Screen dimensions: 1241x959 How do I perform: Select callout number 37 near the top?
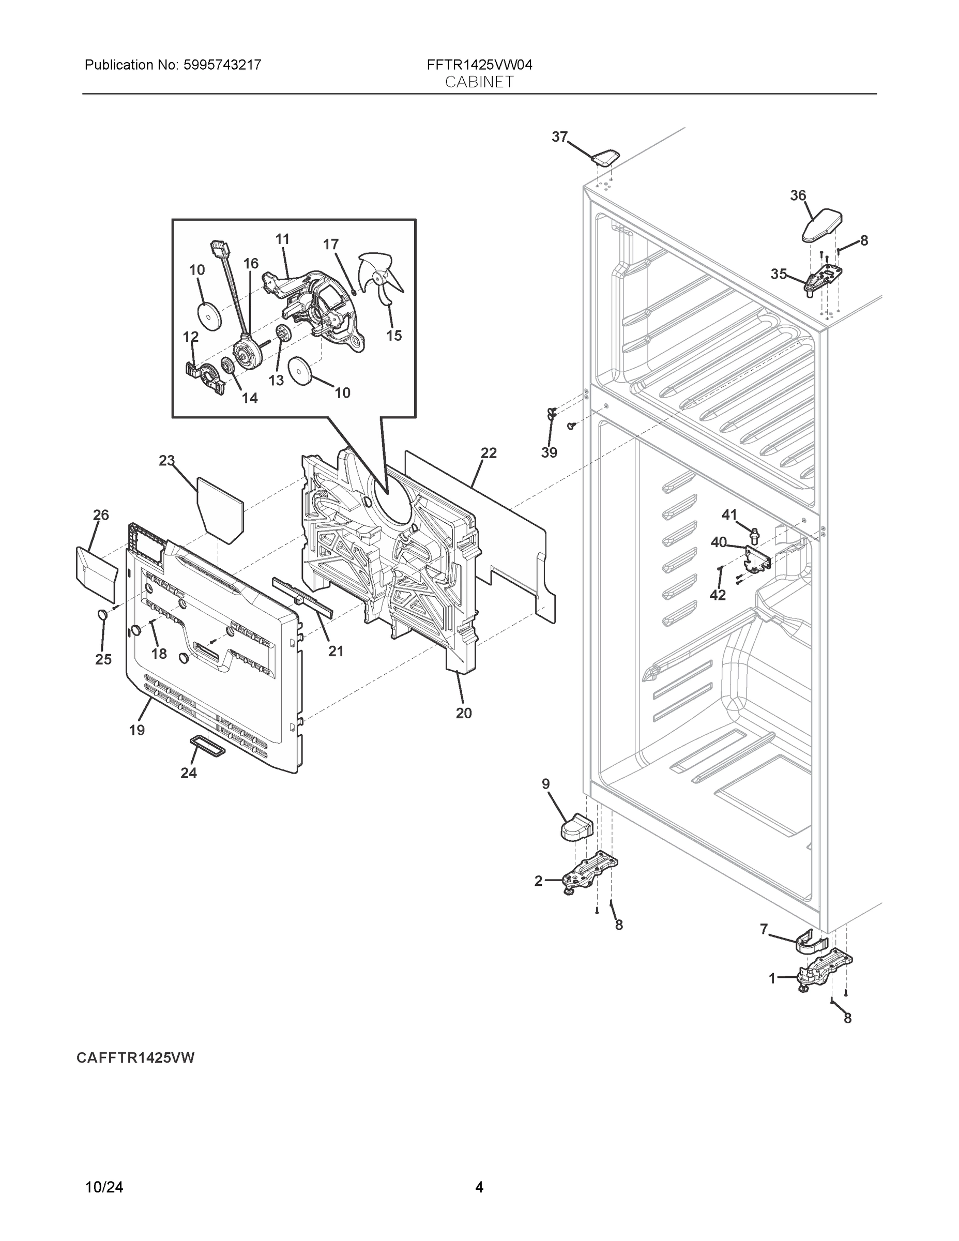coord(559,137)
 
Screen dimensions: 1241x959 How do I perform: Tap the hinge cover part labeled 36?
coord(821,225)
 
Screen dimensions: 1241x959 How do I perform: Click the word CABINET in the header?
coord(479,82)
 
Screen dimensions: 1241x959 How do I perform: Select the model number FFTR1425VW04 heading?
coord(479,65)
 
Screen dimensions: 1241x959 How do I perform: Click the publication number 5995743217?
coord(222,65)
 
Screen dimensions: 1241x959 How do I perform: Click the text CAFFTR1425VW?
coord(135,1057)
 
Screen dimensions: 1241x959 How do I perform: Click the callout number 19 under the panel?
coord(136,730)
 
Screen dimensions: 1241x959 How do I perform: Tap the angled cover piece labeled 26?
coord(96,574)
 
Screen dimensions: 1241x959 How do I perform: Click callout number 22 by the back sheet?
coord(489,453)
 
